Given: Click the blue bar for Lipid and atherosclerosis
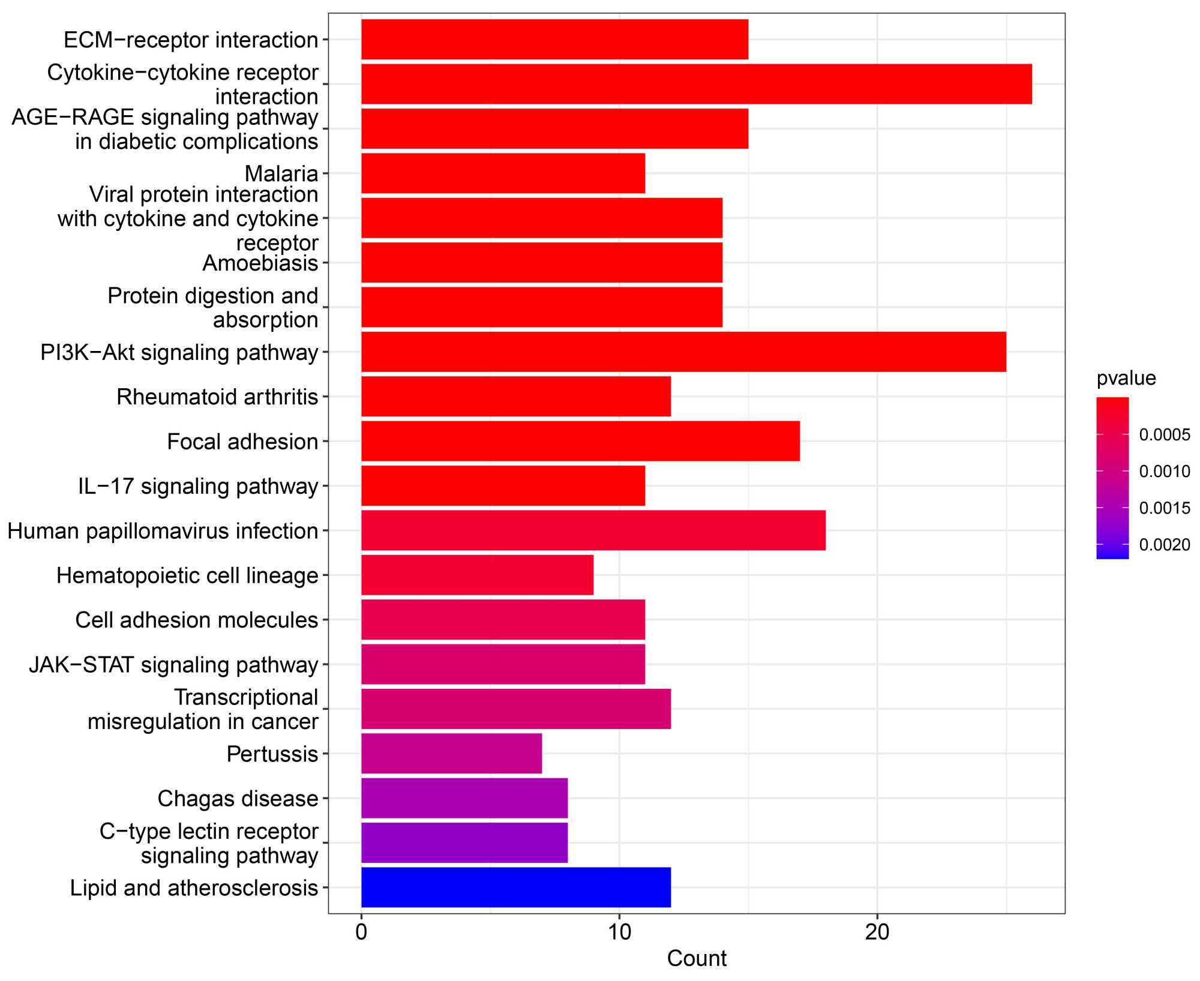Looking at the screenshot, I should tap(516, 887).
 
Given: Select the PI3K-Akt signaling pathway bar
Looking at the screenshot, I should tap(683, 352).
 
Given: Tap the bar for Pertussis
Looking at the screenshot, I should tap(451, 753).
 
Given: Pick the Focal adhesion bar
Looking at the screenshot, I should tap(580, 441).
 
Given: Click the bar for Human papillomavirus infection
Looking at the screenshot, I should tap(593, 530).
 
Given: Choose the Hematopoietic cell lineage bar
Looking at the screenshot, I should tap(477, 575).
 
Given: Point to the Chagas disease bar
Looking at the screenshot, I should tap(464, 798).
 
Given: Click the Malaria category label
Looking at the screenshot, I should tap(281, 174).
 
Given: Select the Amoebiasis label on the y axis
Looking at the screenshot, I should tap(260, 263).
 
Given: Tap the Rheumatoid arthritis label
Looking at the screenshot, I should tap(217, 397).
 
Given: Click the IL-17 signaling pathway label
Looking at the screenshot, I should tap(198, 487).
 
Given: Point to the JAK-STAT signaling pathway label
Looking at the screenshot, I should tap(173, 665).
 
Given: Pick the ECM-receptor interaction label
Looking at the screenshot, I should tap(191, 40).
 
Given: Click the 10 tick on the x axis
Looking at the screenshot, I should tap(619, 932).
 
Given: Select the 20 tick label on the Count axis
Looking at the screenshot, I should tap(877, 932).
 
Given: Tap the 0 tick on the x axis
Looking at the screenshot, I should tap(361, 932).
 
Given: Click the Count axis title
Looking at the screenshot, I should tap(697, 959).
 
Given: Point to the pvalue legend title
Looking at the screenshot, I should tap(1126, 379).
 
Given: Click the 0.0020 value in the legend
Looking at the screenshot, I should tap(1164, 545).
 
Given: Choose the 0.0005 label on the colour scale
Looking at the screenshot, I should tap(1164, 435).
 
